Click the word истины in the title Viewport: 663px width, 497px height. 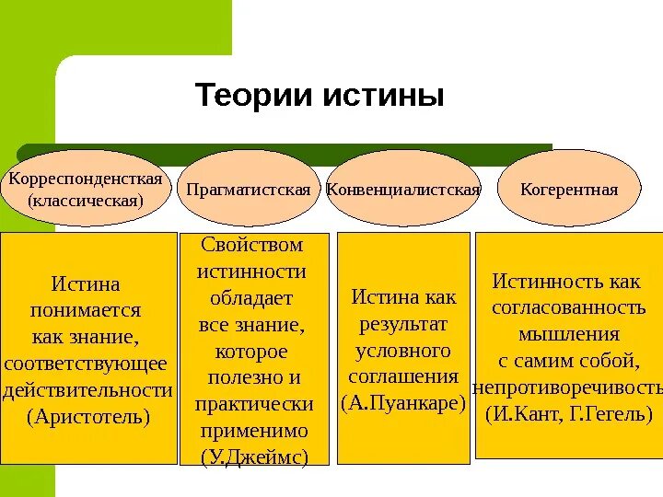[382, 96]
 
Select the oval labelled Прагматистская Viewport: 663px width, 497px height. [248, 190]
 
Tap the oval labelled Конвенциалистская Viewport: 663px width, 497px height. [404, 190]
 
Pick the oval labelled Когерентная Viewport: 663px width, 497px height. [568, 190]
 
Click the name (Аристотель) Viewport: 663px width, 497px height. [88, 416]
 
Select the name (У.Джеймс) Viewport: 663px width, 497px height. [254, 457]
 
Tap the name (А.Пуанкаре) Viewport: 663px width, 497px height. [404, 402]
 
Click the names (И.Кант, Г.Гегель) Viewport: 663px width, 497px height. [568, 411]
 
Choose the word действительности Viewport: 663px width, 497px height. [88, 389]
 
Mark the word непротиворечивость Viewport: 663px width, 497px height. [568, 386]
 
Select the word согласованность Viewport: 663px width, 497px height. [568, 306]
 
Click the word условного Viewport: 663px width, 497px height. [404, 350]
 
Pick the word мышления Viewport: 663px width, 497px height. [568, 333]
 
